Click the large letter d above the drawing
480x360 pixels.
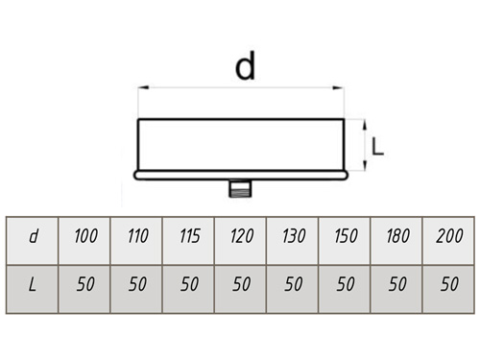coord(245,65)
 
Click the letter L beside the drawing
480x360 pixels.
coord(377,147)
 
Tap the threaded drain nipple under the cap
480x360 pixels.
coord(240,188)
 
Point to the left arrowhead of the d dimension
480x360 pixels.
coord(144,87)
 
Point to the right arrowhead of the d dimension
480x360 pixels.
coord(338,87)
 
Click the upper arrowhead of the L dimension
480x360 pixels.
coord(365,125)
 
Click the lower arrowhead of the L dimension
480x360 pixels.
coord(365,165)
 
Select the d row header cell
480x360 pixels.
coord(33,241)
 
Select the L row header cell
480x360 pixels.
coord(33,289)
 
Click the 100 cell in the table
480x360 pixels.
coord(84,241)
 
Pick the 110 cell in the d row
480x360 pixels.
coord(136,241)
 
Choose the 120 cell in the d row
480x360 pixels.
coord(241,241)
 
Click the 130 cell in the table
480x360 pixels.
coord(293,241)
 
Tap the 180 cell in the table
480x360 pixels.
coord(396,241)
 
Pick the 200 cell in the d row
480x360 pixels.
coord(448,241)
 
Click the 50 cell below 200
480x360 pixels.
coord(448,289)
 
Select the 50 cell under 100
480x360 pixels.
coord(84,289)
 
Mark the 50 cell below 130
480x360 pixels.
coord(293,289)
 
